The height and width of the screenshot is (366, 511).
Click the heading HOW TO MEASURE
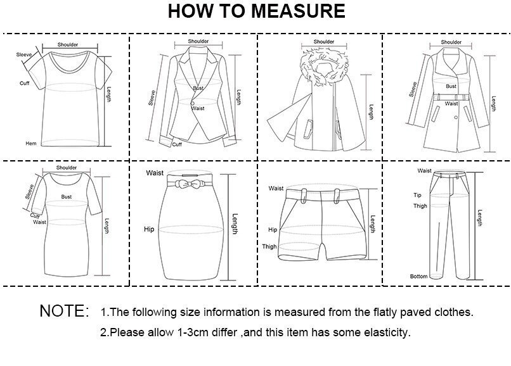coord(256,11)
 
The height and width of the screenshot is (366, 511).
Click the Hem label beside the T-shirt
coord(31,144)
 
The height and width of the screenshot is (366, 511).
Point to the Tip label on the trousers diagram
coord(418,195)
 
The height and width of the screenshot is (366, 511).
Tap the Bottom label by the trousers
coord(418,277)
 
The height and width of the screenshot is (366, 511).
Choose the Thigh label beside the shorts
coord(269,247)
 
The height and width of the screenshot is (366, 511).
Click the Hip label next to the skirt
coord(150,229)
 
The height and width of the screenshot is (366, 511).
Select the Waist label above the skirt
coord(155,173)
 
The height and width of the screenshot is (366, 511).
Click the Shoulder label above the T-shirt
coord(68,45)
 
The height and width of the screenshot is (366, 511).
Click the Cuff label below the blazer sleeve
coord(178,144)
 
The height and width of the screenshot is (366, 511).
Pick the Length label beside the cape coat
coord(372,113)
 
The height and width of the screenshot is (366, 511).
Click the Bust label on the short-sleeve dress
coord(67,197)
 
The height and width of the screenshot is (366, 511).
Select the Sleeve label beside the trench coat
coord(413,89)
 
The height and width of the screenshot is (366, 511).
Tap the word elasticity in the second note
coord(388,332)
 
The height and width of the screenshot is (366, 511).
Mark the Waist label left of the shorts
coord(276,188)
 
